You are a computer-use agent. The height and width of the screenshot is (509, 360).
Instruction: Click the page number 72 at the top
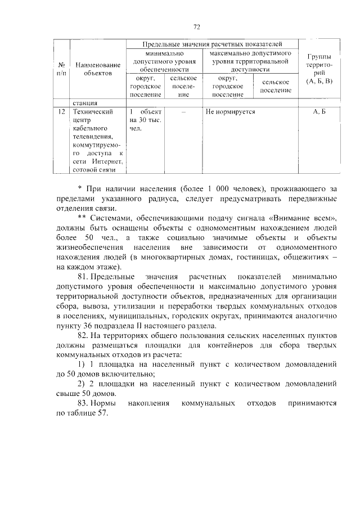point(196,26)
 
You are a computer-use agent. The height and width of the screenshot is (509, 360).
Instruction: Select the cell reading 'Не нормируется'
point(230,112)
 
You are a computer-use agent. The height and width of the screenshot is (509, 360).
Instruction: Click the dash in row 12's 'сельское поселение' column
point(183,112)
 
